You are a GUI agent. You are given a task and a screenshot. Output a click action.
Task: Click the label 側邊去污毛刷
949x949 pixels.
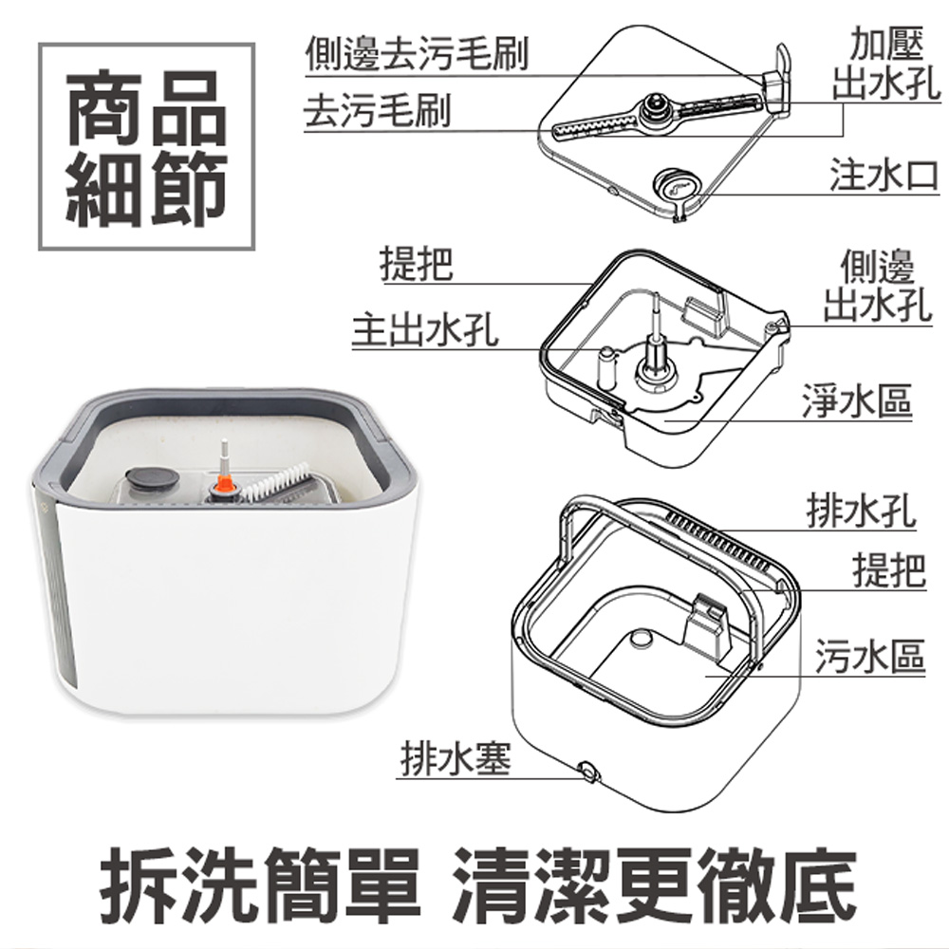tap(416, 55)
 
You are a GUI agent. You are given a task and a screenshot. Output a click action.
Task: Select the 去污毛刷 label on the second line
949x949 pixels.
tap(377, 112)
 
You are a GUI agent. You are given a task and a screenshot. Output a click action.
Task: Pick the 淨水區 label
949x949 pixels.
tap(855, 400)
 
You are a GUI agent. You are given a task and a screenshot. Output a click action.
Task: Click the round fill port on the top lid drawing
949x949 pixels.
tap(677, 188)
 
